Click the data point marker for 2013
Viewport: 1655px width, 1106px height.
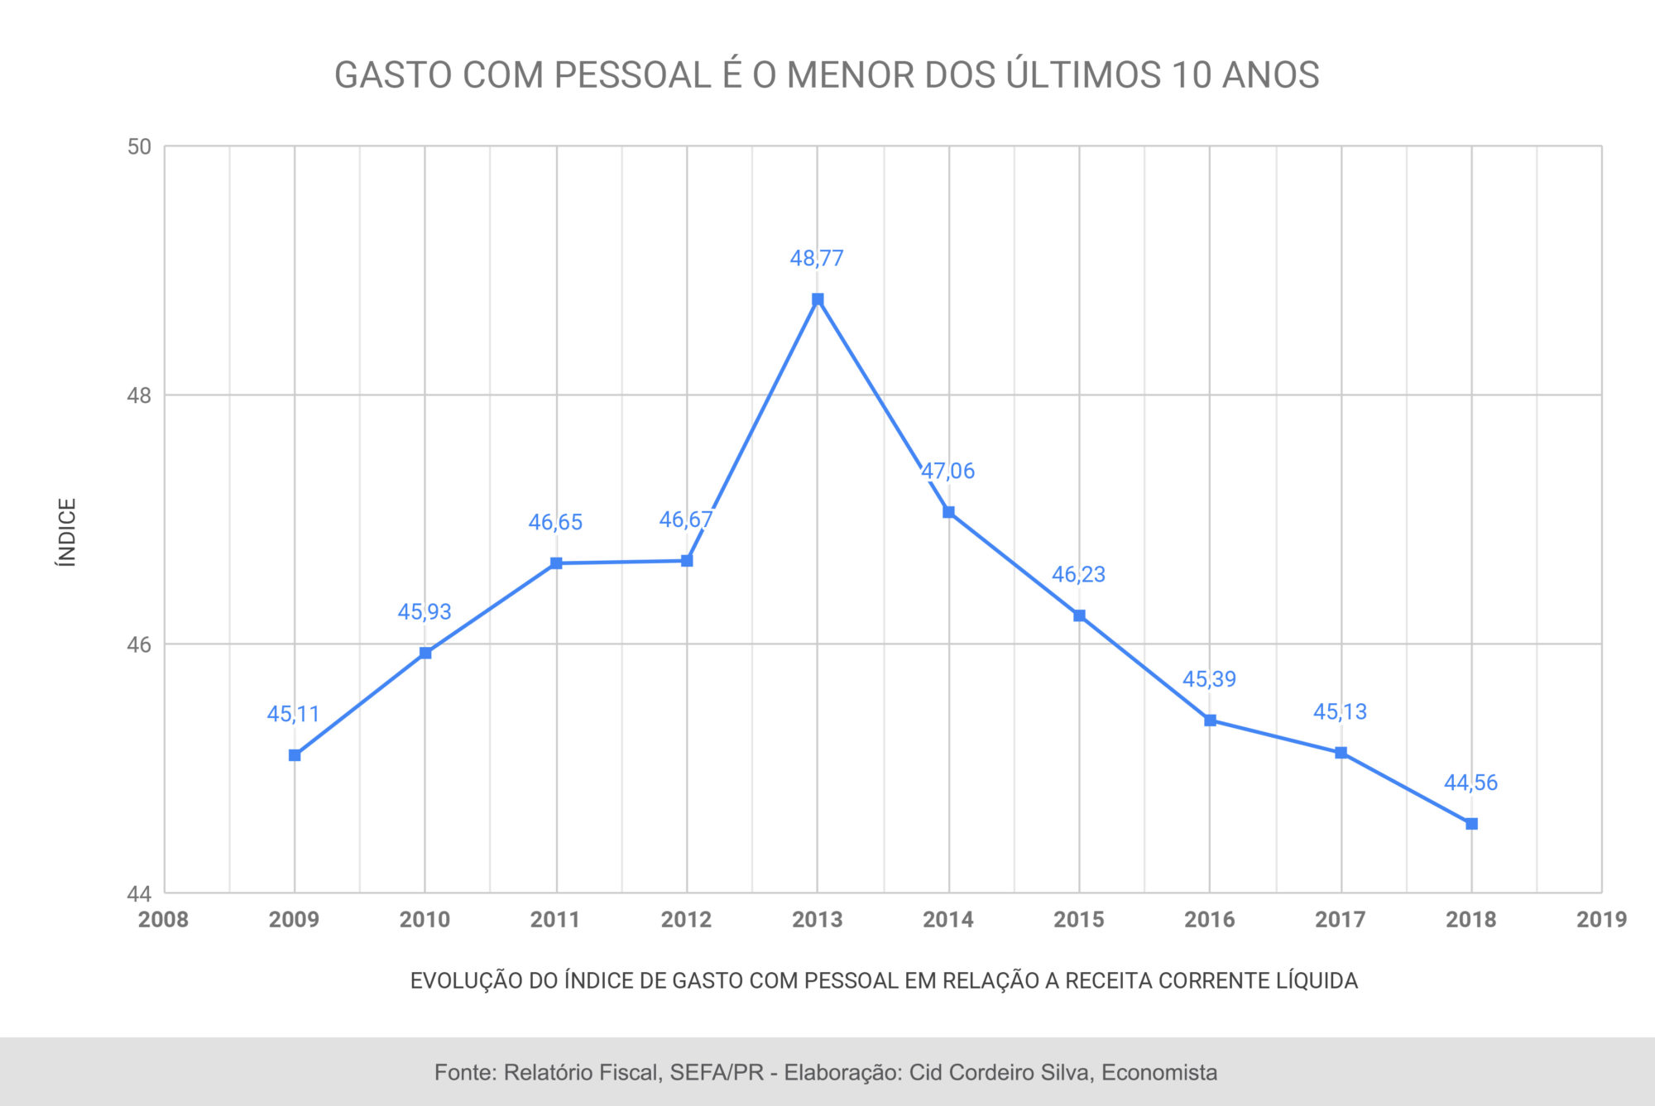pos(818,299)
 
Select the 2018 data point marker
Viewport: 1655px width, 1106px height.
pos(1471,824)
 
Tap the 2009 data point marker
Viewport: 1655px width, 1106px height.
pos(295,755)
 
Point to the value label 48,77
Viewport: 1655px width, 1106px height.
pos(817,258)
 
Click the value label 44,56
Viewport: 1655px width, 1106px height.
pos(1470,783)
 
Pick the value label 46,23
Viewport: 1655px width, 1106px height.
pos(1078,574)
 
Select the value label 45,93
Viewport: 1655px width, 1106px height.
pos(425,611)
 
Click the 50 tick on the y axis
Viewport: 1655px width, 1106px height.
pos(139,147)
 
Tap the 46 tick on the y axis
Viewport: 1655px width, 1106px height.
pos(139,644)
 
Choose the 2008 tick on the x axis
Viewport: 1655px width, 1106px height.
pos(163,920)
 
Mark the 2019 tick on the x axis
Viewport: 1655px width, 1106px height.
pos(1601,920)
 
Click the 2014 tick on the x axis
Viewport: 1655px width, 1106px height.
pos(948,920)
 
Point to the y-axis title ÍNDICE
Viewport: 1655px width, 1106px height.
pos(67,532)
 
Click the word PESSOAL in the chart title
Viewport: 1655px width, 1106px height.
pos(632,75)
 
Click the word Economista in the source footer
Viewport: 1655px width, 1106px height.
pos(1158,1073)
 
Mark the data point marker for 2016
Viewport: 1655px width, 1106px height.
pos(1210,721)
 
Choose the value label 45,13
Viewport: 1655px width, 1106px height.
pos(1340,711)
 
